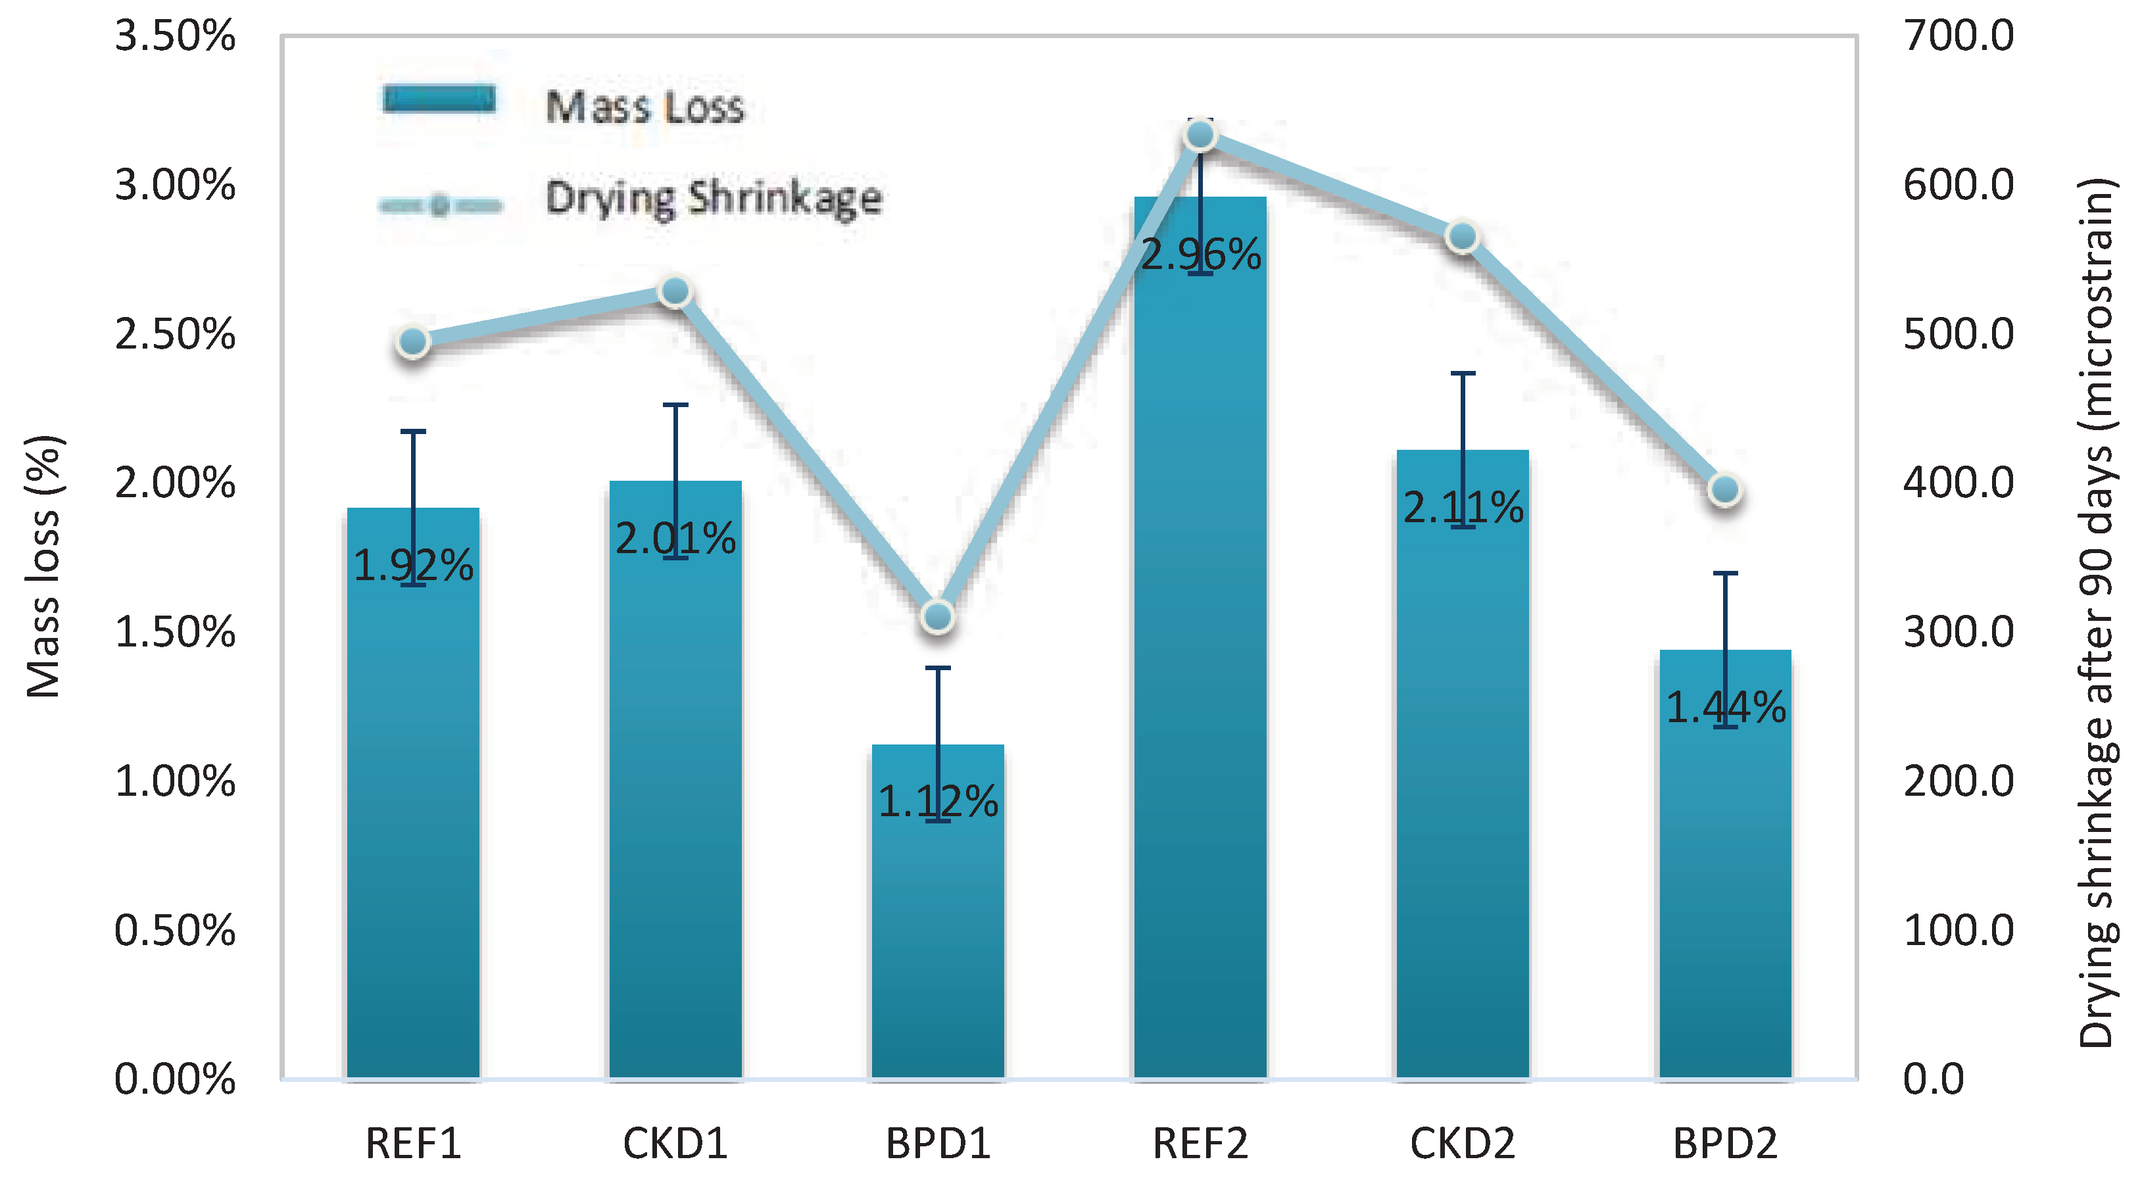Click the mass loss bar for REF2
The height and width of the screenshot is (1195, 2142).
tap(1200, 666)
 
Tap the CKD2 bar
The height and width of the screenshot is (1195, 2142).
tap(1463, 790)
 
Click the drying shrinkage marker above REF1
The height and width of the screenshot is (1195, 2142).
tap(413, 342)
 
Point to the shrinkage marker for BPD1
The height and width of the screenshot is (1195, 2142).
tap(938, 616)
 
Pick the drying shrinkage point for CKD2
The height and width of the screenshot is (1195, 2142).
tap(1462, 237)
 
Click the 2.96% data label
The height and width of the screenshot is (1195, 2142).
tap(1200, 255)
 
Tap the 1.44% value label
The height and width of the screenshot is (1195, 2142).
tap(1726, 708)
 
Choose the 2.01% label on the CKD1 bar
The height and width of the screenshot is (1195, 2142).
tap(675, 539)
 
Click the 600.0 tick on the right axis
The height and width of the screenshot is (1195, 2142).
tap(1959, 185)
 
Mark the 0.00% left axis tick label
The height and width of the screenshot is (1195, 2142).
tap(175, 1079)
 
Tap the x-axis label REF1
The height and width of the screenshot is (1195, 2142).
tap(413, 1144)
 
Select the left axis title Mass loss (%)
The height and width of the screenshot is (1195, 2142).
tap(43, 566)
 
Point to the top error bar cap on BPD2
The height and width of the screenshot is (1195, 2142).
tap(1726, 573)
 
